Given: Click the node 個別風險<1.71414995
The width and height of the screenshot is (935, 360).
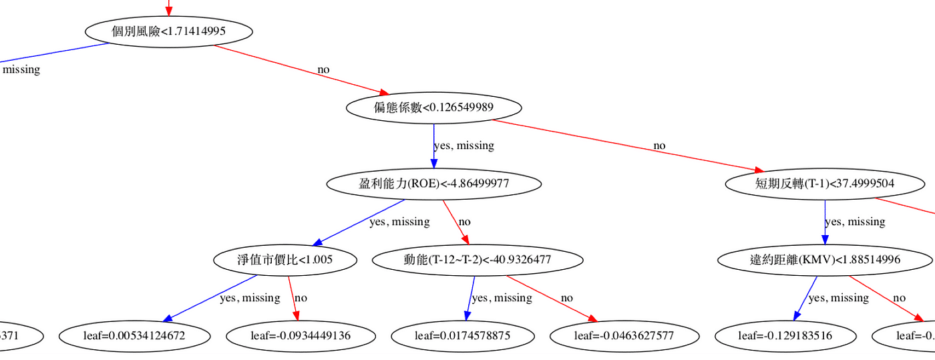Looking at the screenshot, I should click(168, 31).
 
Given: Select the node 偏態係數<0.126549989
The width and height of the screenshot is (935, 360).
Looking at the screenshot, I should click(433, 107).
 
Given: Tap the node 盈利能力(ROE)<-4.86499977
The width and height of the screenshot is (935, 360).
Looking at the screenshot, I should click(423, 183).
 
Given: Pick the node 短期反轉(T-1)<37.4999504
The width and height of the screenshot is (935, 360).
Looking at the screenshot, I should click(825, 183).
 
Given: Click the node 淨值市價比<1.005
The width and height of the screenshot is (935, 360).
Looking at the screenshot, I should click(284, 260).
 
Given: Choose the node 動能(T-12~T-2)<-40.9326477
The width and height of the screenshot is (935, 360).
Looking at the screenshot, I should click(477, 260).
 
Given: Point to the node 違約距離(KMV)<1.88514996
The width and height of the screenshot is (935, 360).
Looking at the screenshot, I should click(825, 260).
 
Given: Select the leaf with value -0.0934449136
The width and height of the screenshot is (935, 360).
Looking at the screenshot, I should click(301, 335).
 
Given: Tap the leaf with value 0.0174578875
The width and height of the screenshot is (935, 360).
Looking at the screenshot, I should click(462, 335).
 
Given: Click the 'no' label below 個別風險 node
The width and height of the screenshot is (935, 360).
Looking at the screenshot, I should click(323, 69).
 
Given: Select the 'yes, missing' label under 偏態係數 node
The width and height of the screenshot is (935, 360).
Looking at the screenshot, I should click(464, 146).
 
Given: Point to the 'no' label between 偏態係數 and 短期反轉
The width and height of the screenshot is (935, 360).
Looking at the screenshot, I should click(659, 146).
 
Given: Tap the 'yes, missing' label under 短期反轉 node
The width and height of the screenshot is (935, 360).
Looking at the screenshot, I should click(855, 222).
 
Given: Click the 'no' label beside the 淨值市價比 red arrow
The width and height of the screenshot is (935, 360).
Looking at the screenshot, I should click(301, 298).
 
